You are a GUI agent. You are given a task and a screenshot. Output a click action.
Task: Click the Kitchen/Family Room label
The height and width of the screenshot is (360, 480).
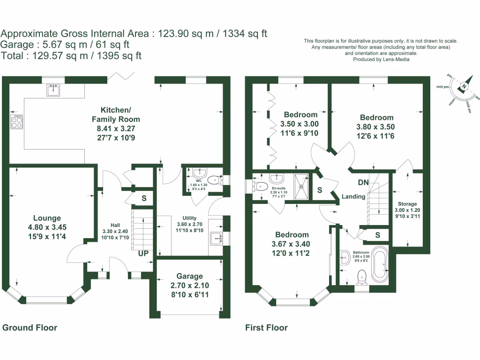pos(116,115)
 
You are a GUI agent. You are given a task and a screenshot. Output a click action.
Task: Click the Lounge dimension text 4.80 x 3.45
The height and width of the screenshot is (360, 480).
pos(47,227)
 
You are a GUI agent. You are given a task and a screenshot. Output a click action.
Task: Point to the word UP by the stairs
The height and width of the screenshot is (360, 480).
pos(143,254)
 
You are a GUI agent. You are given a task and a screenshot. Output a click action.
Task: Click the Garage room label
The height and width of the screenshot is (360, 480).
pos(189,276)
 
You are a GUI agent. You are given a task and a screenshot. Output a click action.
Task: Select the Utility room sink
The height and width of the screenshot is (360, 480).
pos(217,238)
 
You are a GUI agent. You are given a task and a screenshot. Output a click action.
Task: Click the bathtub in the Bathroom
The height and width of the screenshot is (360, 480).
pos(379,265)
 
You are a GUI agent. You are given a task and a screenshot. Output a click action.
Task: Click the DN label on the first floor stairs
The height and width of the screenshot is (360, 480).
pos(363,182)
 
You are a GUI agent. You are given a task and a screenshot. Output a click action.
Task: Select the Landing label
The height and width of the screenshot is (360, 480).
pos(353,197)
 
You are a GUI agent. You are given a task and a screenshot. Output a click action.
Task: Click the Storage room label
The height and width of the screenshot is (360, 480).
pos(407,204)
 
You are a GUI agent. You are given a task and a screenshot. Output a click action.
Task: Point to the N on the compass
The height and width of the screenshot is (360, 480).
pos(463,86)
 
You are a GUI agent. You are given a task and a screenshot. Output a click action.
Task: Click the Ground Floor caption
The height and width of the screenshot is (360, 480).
pos(30,328)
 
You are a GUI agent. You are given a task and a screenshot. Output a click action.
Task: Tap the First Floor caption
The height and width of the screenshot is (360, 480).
pos(266,328)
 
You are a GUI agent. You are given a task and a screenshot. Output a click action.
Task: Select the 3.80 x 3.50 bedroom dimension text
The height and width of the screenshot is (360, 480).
pos(377,127)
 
